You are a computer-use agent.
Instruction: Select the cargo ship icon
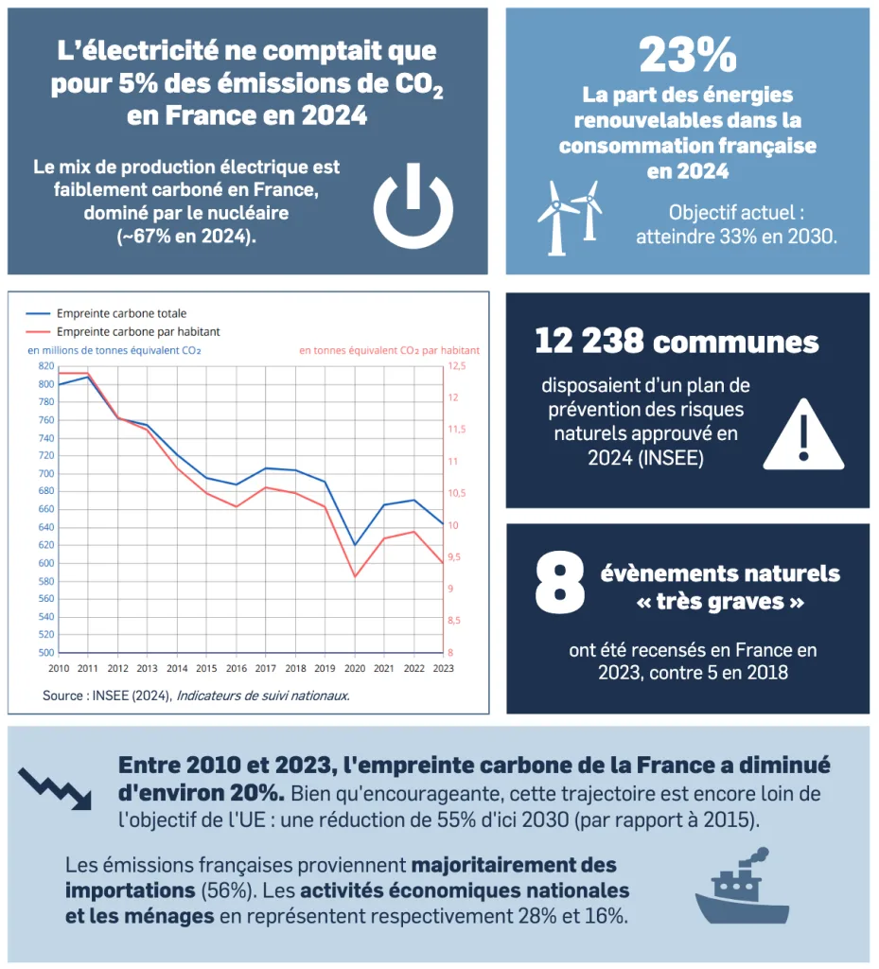click(x=742, y=887)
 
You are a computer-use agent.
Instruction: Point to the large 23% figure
click(x=687, y=55)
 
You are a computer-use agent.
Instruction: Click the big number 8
click(x=559, y=584)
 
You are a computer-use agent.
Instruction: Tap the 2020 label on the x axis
click(x=355, y=668)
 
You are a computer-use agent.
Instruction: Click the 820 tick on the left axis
click(x=46, y=365)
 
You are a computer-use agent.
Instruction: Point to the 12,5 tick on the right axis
click(x=457, y=365)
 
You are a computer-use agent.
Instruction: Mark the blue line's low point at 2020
click(x=355, y=545)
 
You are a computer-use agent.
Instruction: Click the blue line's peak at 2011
click(x=88, y=377)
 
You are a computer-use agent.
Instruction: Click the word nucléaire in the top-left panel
click(x=241, y=213)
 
